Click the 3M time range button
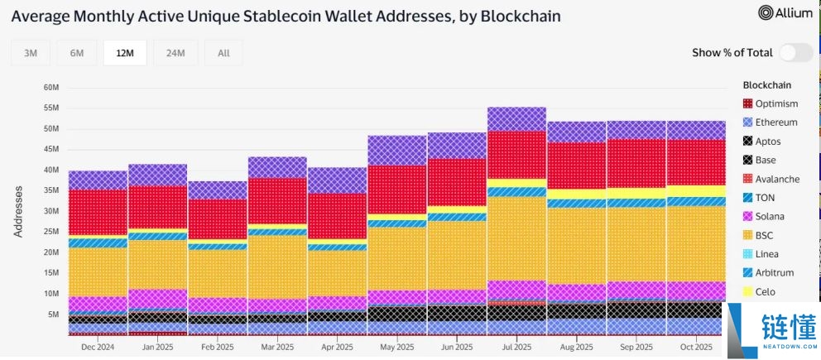coord(31,53)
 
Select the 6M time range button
coord(77,53)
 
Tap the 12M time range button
coord(125,53)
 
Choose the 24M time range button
coord(175,53)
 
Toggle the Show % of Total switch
coord(795,52)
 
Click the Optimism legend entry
coord(770,103)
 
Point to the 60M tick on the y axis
coord(50,88)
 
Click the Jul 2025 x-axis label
coord(516,348)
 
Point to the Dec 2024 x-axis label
coord(98,348)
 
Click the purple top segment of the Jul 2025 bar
coord(516,119)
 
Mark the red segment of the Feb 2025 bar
coord(217,219)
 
